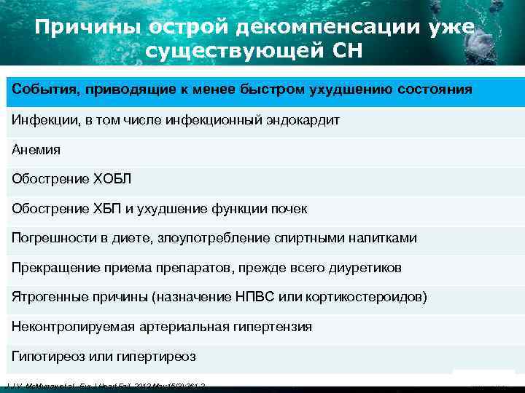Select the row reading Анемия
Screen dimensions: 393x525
[x=36, y=149]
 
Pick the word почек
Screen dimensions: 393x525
[x=289, y=209]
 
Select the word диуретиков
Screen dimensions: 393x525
[x=364, y=268]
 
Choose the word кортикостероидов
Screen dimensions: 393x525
[x=364, y=298]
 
